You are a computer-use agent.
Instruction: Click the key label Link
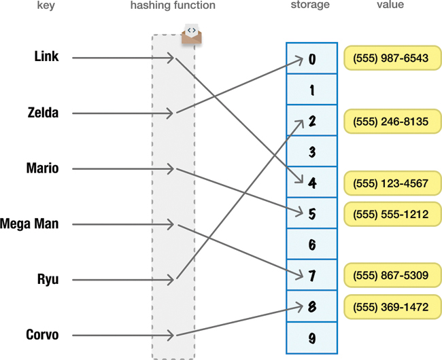point(46,57)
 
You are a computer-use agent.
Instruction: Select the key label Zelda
point(43,113)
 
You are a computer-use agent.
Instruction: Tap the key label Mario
point(42,168)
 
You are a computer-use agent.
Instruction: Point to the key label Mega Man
point(29,223)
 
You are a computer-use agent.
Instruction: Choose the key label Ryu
point(48,279)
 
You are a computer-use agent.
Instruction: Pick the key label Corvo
point(42,335)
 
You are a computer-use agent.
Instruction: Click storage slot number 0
point(312,58)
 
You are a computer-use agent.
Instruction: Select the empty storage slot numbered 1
point(312,90)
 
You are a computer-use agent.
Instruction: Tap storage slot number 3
point(312,151)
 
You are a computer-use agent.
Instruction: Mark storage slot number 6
point(312,245)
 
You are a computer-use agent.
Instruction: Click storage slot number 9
point(312,338)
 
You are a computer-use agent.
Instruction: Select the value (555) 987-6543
point(391,58)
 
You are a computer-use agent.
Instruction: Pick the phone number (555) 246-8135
point(391,122)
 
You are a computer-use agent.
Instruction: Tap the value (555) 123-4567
point(391,183)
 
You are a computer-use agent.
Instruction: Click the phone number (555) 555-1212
point(391,214)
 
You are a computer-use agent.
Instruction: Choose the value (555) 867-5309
point(391,276)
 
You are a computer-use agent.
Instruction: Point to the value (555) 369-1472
point(391,307)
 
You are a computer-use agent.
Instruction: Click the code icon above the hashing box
point(192,33)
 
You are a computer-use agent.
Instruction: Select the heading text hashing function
point(173,5)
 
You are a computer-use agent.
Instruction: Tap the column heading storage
point(310,5)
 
